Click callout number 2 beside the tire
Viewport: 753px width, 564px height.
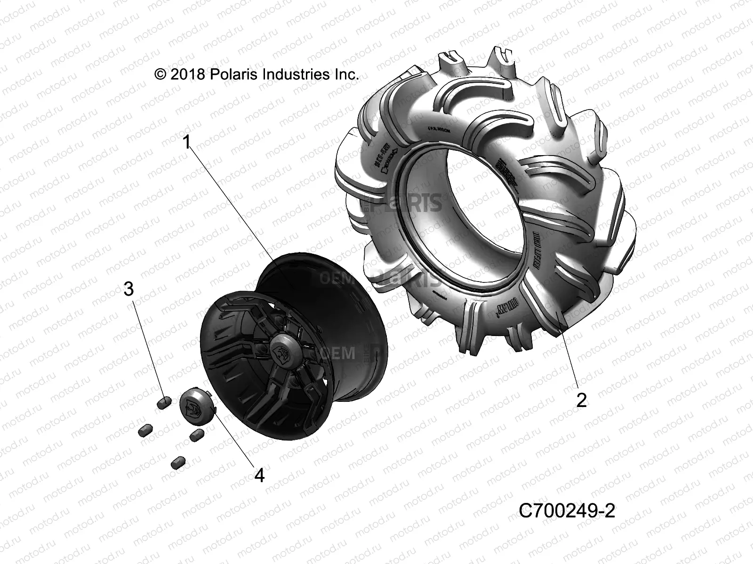[582, 400]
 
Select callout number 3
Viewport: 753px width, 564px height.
[128, 289]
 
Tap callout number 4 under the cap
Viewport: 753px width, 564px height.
[259, 476]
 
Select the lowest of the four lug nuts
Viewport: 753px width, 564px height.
[178, 462]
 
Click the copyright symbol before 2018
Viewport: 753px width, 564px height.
[160, 74]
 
